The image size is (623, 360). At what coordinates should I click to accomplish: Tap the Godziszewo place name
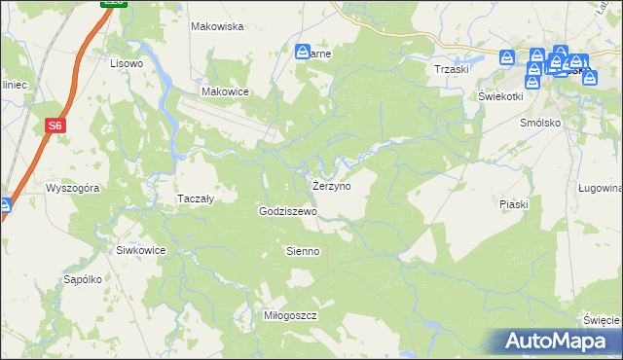click(x=287, y=211)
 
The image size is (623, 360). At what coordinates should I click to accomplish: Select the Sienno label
click(x=302, y=251)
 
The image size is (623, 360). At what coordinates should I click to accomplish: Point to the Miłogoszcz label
click(x=292, y=316)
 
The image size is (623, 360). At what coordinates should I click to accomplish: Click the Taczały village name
click(x=195, y=198)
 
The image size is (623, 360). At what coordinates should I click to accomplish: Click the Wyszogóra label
click(x=74, y=188)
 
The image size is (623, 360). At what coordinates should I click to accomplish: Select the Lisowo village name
click(x=127, y=63)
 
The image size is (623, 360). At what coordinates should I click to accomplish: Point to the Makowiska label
click(x=216, y=26)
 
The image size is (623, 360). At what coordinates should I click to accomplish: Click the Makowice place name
click(x=226, y=91)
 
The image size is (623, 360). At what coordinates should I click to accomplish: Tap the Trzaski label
click(x=453, y=70)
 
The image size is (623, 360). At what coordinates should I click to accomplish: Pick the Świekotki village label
click(x=500, y=97)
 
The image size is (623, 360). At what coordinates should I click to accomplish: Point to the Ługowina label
click(x=600, y=188)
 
